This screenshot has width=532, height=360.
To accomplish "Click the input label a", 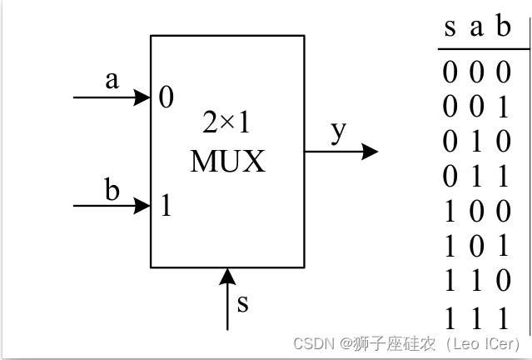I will (x=112, y=82).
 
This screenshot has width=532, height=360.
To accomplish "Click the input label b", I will (x=112, y=189).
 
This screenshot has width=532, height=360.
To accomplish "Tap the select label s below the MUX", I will (x=242, y=302).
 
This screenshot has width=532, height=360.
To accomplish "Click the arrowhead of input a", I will (x=142, y=97).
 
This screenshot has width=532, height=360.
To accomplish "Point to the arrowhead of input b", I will (x=142, y=204).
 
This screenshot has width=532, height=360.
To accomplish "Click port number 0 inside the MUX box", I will (x=167, y=98).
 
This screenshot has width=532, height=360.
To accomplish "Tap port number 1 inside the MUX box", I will (x=166, y=205).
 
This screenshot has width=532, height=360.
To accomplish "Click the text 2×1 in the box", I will (x=227, y=123).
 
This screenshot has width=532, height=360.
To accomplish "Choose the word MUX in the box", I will (x=227, y=160).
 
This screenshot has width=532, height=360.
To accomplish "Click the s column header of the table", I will (x=450, y=28).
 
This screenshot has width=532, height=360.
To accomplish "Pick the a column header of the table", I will (x=476, y=28).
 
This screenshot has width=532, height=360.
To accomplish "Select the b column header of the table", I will (x=502, y=27).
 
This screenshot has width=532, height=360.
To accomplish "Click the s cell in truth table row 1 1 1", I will (x=450, y=318).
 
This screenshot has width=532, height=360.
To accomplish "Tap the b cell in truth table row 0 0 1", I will (x=502, y=108).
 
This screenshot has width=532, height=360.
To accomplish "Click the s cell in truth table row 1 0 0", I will (x=450, y=213).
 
